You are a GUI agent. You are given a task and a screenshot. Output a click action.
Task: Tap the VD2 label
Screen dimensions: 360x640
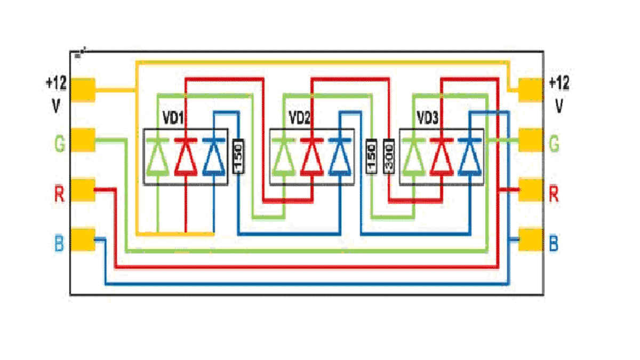pos(299,117)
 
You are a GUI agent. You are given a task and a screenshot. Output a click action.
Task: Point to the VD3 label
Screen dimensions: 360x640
pos(428,117)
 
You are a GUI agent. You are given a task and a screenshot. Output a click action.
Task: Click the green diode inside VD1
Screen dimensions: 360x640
pos(158,157)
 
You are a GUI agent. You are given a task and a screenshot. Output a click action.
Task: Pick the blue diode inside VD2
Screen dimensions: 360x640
pos(339,157)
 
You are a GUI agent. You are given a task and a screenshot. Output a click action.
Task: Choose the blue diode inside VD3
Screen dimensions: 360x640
pos(470,157)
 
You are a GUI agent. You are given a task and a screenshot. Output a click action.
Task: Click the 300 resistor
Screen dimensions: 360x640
pos(388,157)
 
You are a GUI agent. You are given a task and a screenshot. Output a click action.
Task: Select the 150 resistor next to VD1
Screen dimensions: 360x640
pos(238,157)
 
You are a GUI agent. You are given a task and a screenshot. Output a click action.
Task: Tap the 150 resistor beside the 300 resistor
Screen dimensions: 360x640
pos(372,157)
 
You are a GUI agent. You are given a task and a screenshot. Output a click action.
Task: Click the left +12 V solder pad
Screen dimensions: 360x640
pos(83,90)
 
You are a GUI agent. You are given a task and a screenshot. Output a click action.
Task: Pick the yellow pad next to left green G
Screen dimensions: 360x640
pos(83,140)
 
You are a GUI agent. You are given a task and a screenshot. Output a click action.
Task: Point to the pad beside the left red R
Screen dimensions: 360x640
pos(83,190)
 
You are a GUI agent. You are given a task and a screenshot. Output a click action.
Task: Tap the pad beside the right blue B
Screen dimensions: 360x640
pos(531,239)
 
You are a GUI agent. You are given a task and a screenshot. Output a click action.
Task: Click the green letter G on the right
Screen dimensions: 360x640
pos(555,143)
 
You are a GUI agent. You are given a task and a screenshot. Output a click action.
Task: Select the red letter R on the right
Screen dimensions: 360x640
pos(554,194)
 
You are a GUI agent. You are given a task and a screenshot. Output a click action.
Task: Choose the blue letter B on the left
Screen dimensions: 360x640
pos(59,243)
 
